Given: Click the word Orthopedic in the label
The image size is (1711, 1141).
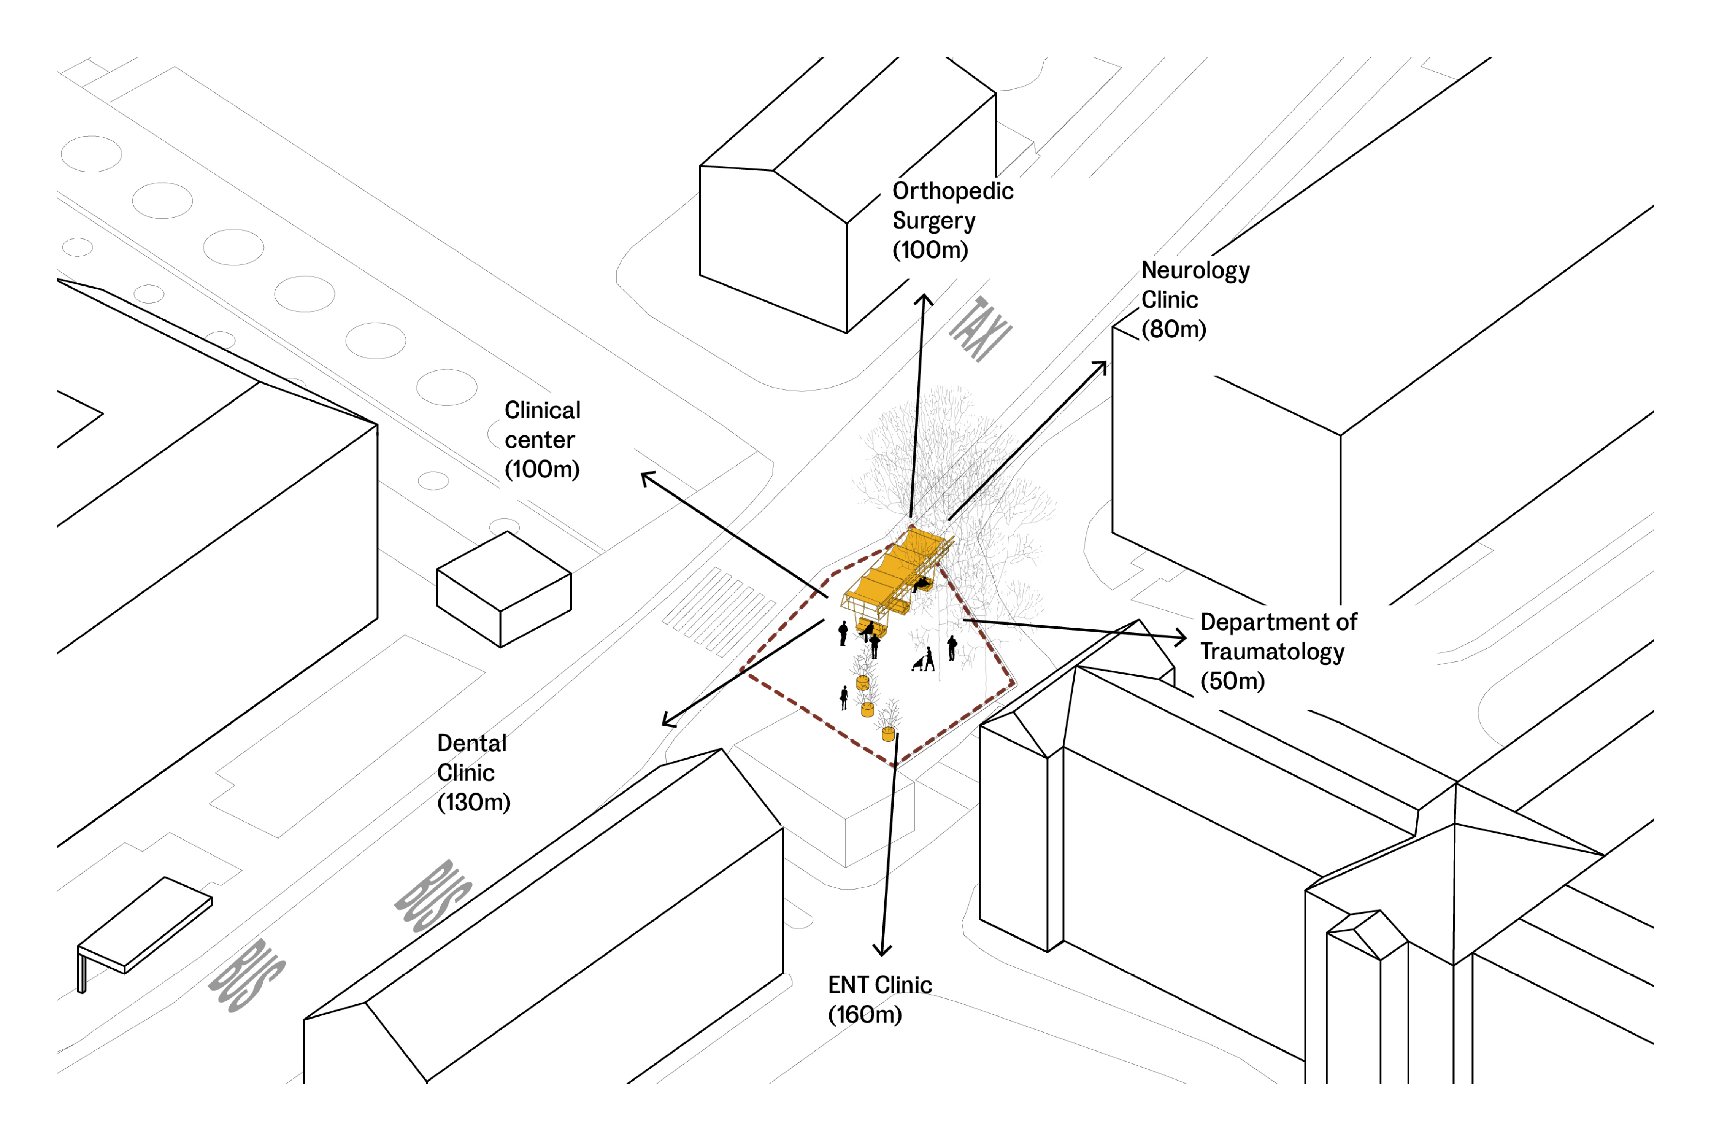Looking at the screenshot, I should tap(952, 191).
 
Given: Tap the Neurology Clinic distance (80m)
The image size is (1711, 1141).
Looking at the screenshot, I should tap(1173, 330).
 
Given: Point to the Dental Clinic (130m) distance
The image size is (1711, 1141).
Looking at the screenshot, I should tap(474, 803).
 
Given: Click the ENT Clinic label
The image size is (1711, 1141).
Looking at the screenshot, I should tap(879, 985).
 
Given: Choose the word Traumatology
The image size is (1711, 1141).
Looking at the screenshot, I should tap(1271, 652).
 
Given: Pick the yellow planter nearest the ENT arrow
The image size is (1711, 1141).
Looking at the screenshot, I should tap(888, 734).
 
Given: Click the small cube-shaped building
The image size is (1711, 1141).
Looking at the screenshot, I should tap(503, 590).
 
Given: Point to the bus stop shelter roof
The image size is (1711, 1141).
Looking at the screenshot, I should tap(145, 923).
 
